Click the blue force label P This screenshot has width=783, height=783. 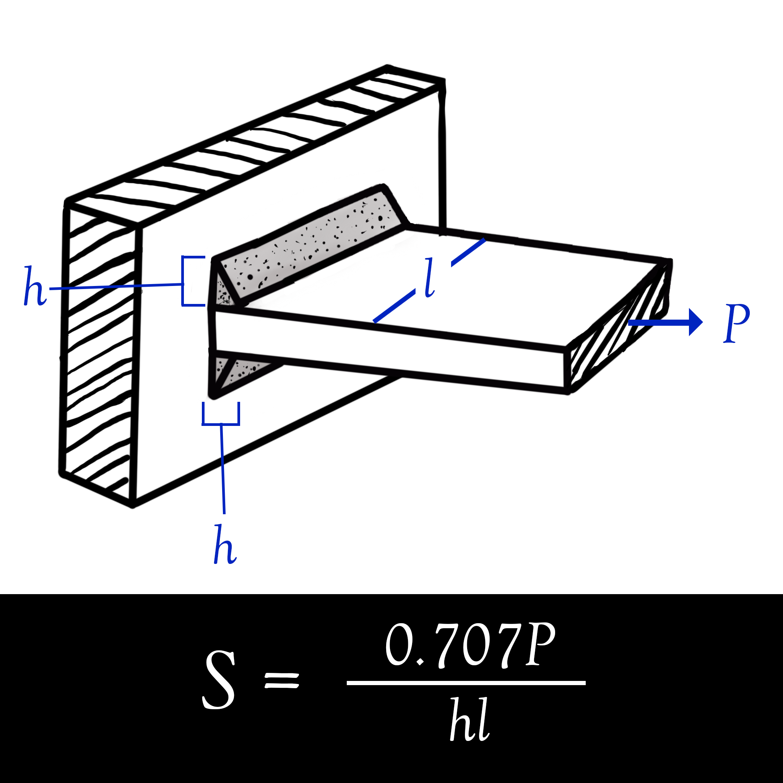click(736, 323)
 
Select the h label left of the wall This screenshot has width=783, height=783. click(35, 286)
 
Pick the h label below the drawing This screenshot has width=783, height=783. click(225, 544)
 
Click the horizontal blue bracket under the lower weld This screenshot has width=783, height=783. click(221, 414)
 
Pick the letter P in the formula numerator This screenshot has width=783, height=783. click(540, 644)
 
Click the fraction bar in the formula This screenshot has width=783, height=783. click(466, 683)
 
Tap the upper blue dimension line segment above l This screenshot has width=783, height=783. click(468, 252)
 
